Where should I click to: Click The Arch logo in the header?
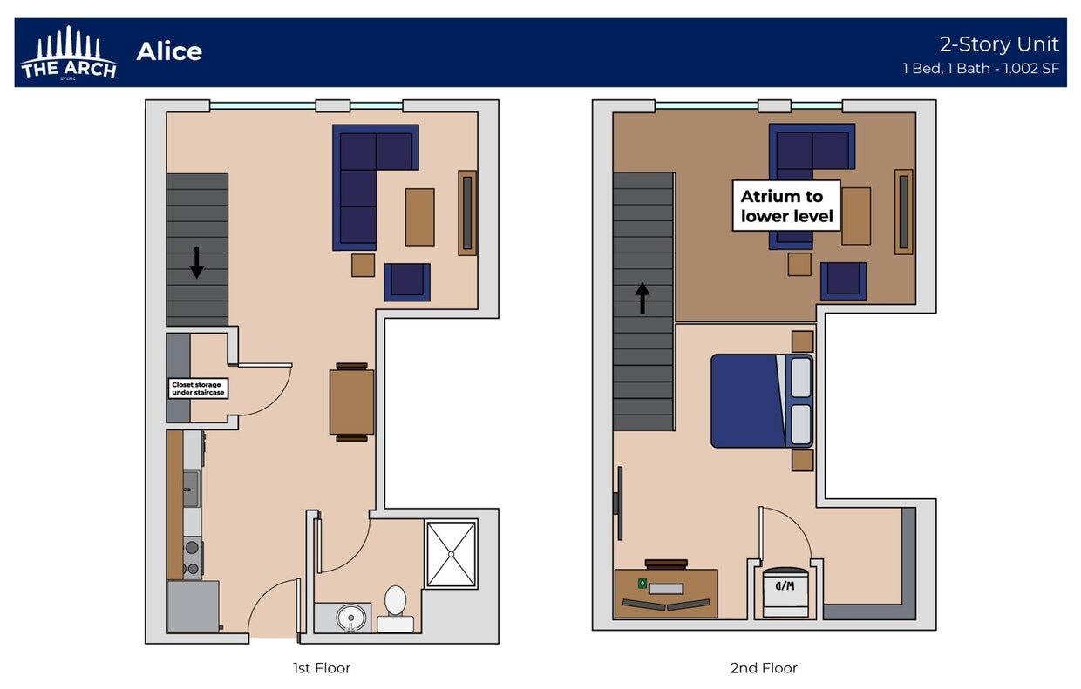point(68,54)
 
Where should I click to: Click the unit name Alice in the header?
point(169,51)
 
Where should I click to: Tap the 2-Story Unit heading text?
point(998,44)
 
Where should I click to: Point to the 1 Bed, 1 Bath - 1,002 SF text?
point(981,69)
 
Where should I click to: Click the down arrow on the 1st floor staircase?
point(196,262)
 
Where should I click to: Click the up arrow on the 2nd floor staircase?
point(642,298)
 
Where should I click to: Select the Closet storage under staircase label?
point(198,388)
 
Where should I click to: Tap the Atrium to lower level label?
point(786,206)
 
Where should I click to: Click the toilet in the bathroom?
point(395,607)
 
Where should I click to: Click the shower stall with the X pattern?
point(451,554)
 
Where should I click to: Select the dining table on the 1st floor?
point(351,402)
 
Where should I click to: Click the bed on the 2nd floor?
point(761,401)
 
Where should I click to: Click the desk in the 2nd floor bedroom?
point(666,593)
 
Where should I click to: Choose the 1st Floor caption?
point(321,668)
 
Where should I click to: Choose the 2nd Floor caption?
point(763,668)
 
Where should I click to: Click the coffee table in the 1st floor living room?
point(419,217)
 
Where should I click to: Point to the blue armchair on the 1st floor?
point(407,281)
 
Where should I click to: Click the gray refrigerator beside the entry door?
point(193,606)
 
